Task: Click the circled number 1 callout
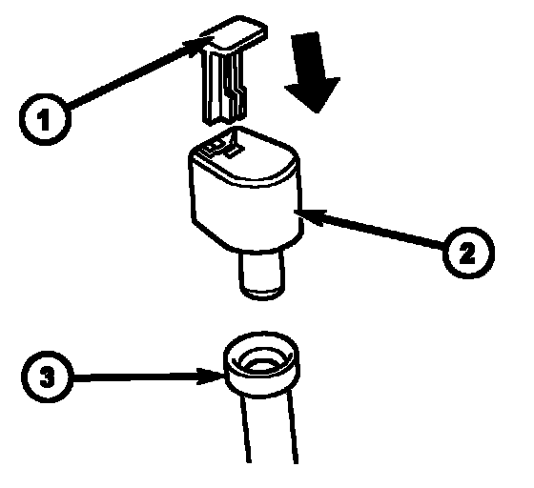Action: click(x=45, y=119)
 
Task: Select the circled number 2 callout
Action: click(x=468, y=253)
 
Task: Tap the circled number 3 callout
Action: click(x=47, y=377)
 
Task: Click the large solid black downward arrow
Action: click(x=313, y=72)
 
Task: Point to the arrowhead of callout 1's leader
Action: click(x=195, y=44)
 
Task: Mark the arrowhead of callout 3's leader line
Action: click(x=211, y=376)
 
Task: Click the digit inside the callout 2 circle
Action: click(x=467, y=254)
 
